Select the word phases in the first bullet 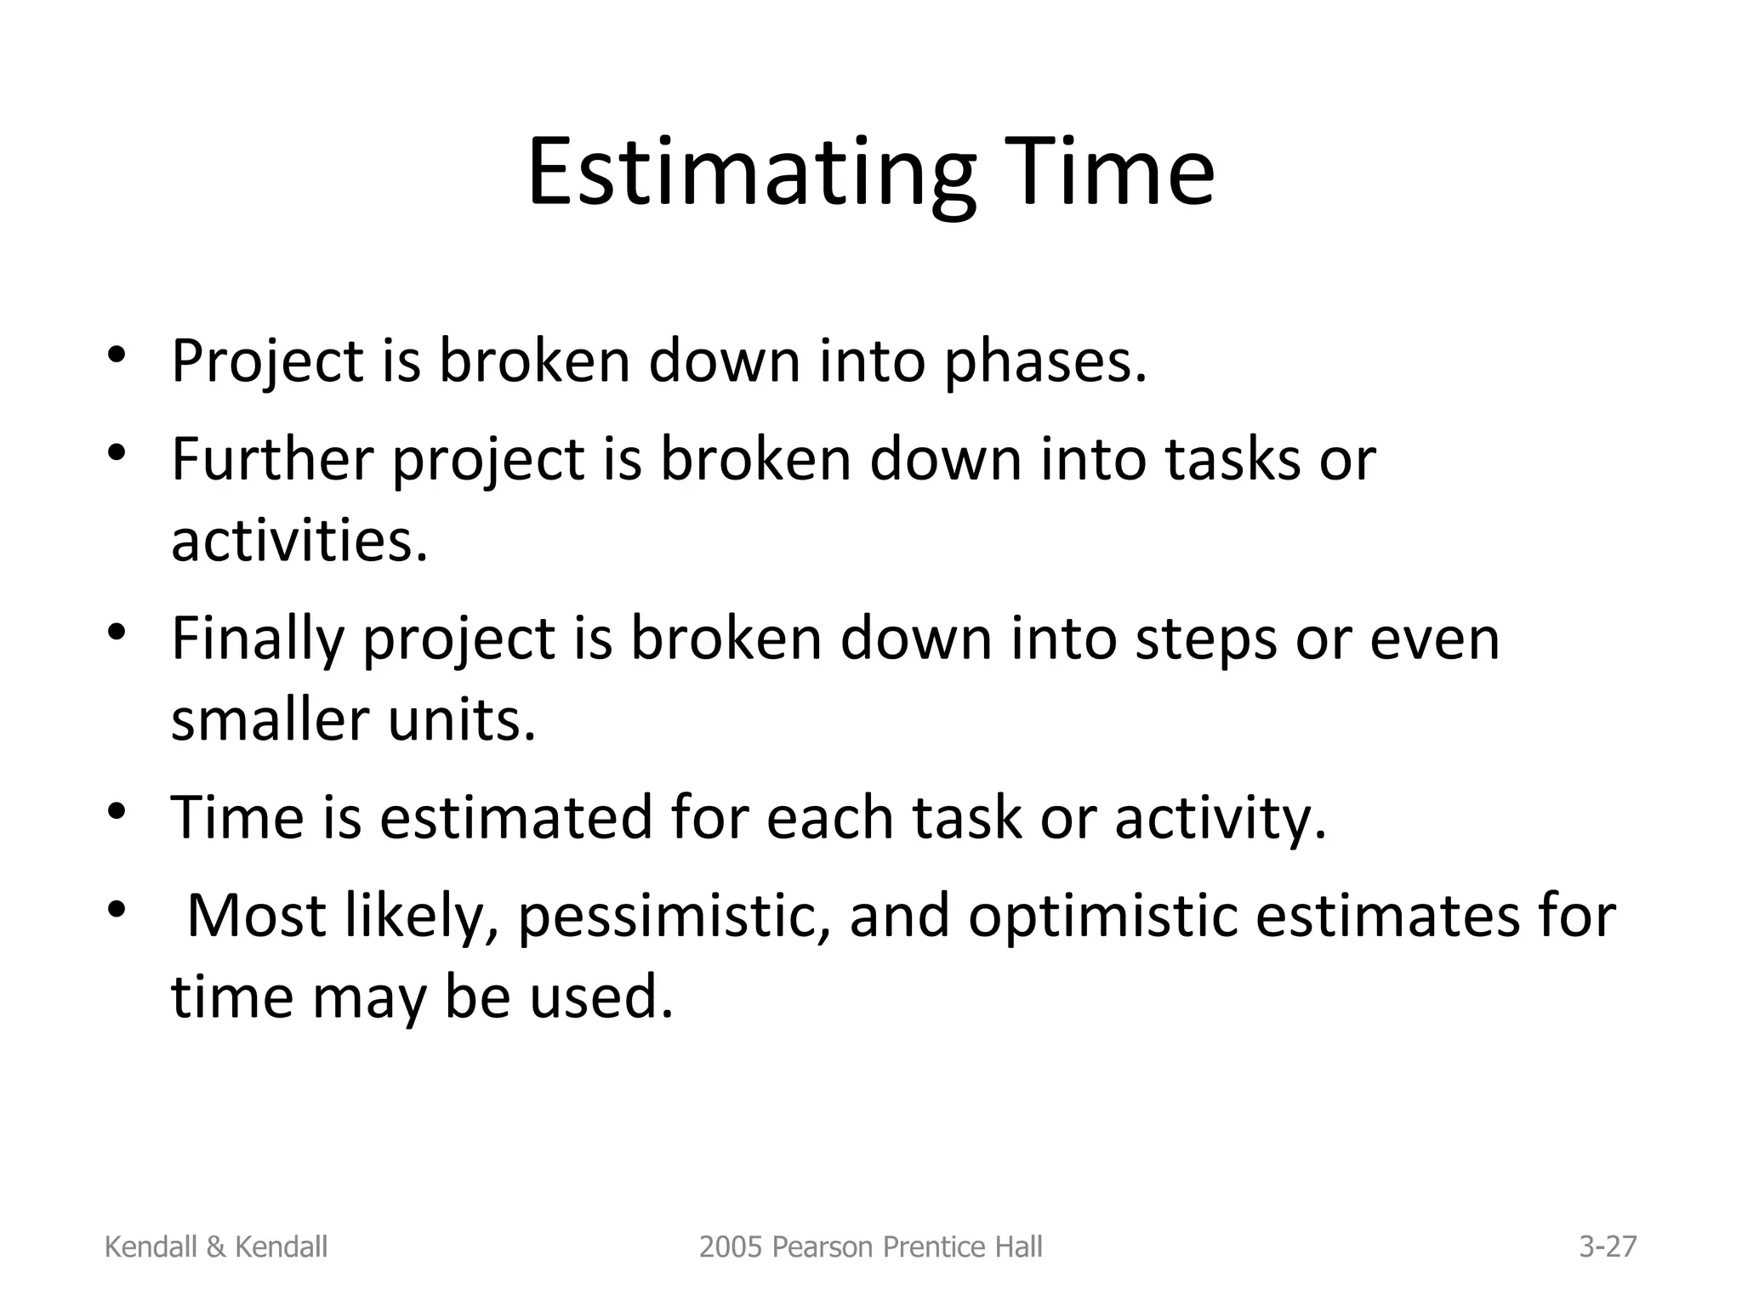1045,361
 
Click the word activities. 299,541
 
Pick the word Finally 256,639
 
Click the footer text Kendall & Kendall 215,1247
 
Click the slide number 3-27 1608,1247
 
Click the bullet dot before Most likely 117,911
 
